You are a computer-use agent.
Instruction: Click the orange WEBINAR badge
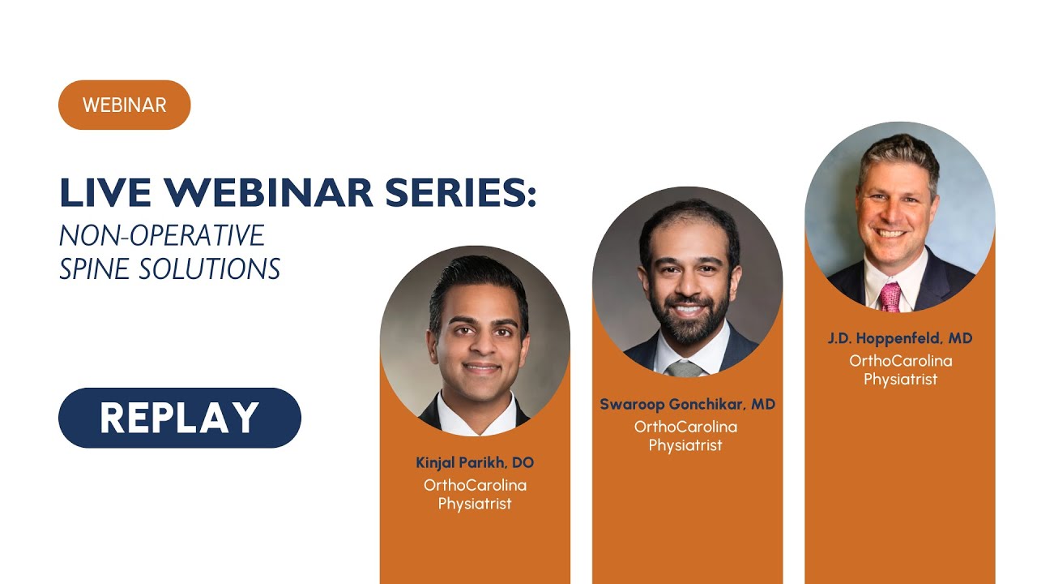(x=124, y=105)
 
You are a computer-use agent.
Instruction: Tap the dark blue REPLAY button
(x=179, y=418)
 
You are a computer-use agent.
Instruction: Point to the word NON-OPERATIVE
(x=162, y=235)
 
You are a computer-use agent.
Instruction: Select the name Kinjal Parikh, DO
(x=475, y=463)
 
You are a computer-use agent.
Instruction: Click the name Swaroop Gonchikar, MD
(x=687, y=404)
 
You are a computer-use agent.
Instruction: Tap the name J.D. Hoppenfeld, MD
(x=899, y=338)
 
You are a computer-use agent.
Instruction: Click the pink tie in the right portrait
(x=890, y=297)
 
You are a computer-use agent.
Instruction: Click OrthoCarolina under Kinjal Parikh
(x=475, y=485)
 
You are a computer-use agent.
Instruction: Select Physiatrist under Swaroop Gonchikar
(x=685, y=445)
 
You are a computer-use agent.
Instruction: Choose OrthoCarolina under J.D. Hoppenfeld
(x=900, y=361)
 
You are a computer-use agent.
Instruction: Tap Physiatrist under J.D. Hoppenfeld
(x=900, y=379)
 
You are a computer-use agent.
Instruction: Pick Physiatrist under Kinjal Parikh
(x=475, y=504)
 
